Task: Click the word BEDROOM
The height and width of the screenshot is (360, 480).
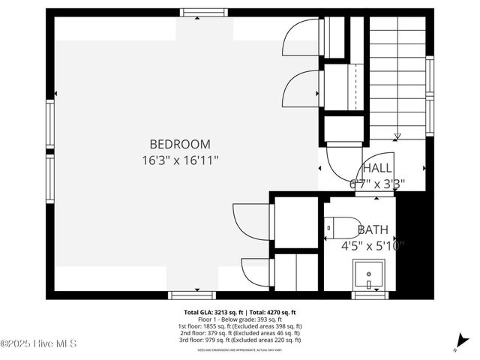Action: click(179, 143)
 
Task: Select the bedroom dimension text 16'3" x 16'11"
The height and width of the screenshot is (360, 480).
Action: click(179, 160)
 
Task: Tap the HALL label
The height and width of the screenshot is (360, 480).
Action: click(376, 167)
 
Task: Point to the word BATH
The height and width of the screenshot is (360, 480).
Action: click(373, 229)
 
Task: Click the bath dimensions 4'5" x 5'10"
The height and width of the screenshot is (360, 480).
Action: click(373, 245)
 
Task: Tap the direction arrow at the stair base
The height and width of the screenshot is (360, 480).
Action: click(397, 136)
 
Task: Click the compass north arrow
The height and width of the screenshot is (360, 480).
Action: click(457, 346)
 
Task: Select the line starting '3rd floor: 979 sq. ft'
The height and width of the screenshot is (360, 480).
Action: click(240, 340)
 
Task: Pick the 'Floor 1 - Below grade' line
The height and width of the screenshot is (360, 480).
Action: click(240, 319)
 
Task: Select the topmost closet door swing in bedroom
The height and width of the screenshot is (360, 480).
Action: click(301, 37)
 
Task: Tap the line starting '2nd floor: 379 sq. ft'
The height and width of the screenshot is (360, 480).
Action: click(240, 333)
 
